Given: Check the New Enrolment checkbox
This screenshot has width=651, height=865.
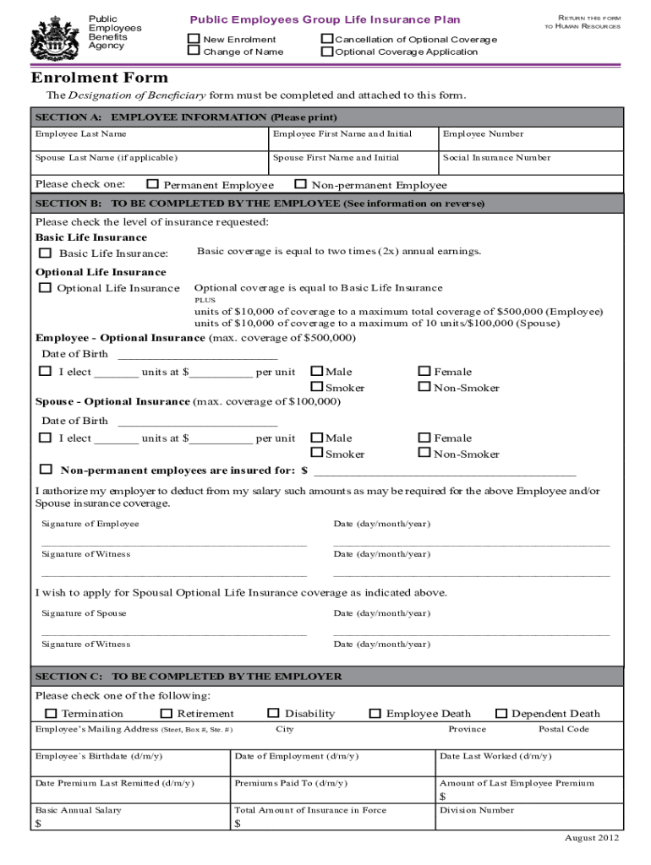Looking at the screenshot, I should click(194, 39).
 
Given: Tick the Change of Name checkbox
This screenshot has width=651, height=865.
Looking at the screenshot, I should click(194, 52).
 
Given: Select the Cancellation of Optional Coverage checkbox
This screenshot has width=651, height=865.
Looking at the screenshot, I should click(327, 39).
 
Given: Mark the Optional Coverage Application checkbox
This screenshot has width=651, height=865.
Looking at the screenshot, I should click(327, 52).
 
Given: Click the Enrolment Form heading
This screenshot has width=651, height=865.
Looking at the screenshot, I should click(100, 78).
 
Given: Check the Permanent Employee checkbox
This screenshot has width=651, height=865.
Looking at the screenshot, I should click(152, 184).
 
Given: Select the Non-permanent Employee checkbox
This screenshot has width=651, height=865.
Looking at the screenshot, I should click(300, 184).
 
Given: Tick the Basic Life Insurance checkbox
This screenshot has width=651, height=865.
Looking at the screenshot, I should click(45, 253).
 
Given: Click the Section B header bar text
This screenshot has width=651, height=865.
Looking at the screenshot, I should click(260, 204).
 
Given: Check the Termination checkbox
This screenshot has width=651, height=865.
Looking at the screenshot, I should click(50, 714).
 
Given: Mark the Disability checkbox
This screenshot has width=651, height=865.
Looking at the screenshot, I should click(273, 714).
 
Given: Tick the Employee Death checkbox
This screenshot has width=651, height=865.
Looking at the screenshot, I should click(375, 714).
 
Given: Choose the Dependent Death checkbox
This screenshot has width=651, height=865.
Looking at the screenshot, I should click(501, 714).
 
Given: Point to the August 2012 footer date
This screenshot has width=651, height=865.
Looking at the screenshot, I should click(592, 838).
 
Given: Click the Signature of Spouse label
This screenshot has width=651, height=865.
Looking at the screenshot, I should click(85, 613).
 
